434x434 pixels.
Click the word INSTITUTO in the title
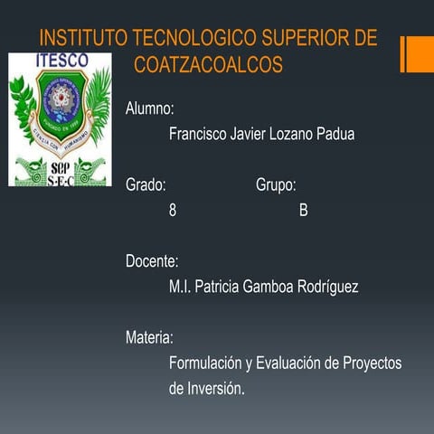[84, 39]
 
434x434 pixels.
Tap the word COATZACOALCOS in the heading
[208, 65]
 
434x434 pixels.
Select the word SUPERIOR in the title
[307, 39]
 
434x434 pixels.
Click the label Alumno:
[149, 108]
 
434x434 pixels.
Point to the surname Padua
[335, 134]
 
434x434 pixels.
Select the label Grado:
[146, 185]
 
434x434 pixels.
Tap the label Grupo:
[276, 185]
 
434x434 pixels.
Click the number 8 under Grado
[173, 211]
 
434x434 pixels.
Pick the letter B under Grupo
[304, 211]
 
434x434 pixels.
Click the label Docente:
[152, 261]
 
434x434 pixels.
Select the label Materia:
[149, 338]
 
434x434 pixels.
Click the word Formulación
[205, 363]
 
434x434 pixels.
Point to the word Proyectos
[372, 363]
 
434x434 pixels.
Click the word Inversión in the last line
[214, 389]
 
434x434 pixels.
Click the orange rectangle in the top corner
[419, 54]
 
